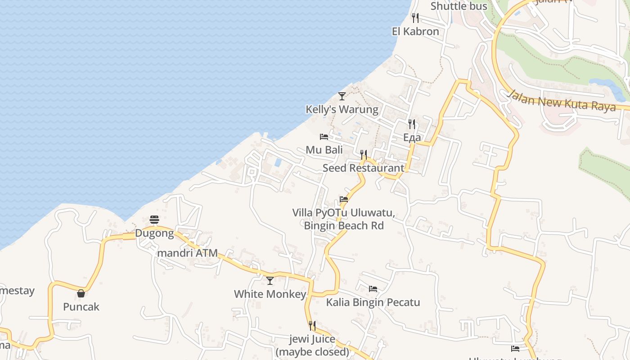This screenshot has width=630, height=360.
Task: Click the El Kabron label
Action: click(415, 31)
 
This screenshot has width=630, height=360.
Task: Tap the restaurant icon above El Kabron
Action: click(415, 18)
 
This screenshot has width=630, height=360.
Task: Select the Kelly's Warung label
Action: click(342, 109)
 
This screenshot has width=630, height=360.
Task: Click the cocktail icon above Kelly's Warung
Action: click(342, 96)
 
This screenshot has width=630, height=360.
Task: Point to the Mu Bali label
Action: click(324, 150)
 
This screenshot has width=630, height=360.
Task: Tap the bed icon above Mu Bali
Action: click(324, 136)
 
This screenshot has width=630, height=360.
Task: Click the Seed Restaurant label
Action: click(364, 168)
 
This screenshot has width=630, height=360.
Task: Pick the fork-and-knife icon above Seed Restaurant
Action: click(364, 155)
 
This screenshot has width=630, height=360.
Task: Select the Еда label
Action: click(412, 137)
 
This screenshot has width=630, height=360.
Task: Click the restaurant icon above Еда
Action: click(412, 124)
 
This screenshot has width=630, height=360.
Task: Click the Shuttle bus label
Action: click(459, 6)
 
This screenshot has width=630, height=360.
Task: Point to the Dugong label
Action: click(154, 233)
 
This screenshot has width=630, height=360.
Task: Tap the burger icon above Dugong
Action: click(154, 220)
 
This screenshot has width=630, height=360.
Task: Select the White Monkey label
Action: click(270, 294)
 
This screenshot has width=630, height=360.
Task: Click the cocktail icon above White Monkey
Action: click(270, 281)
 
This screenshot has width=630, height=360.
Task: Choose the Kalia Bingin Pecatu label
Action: click(373, 302)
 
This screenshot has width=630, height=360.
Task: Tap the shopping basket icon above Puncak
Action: click(81, 293)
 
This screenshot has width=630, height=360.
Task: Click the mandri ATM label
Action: click(187, 253)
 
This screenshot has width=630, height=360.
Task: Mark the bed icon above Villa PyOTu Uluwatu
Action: click(344, 199)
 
